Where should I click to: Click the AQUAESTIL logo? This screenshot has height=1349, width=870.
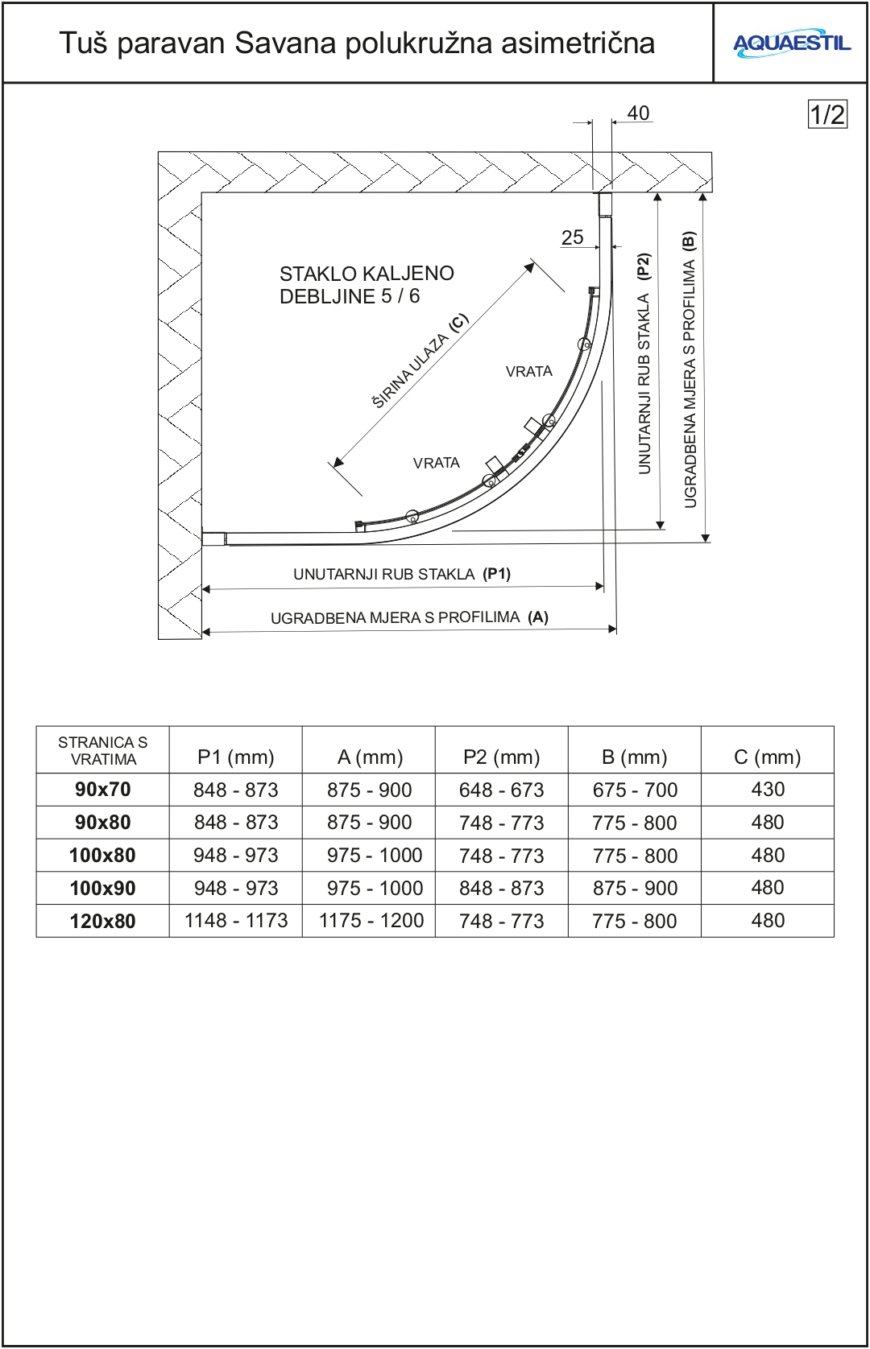coord(791,43)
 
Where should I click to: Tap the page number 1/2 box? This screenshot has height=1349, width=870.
coord(827,114)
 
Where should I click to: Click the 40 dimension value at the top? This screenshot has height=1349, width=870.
coord(638,113)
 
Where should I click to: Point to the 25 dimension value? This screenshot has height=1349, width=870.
coord(572,237)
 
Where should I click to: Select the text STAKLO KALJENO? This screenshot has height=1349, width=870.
coord(367,274)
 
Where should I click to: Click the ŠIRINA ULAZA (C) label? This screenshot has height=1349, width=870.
coord(420,361)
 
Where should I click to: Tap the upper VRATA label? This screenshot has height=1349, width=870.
coord(528,371)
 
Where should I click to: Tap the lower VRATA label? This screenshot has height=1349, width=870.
coord(436,463)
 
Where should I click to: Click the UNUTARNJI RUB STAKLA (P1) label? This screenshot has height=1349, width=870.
coord(401,574)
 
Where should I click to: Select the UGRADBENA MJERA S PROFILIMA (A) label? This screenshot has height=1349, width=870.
coord(409,617)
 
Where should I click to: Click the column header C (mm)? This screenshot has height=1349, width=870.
coord(767,757)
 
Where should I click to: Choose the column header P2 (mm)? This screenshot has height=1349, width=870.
coord(501,757)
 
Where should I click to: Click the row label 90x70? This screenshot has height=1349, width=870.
coord(102,790)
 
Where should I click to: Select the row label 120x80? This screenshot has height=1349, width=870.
coord(102,921)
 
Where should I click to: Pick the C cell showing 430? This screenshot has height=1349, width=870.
coord(767,790)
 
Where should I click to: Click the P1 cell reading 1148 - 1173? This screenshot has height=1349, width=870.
coord(236,921)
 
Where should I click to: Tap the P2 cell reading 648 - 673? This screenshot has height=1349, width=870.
coord(501,790)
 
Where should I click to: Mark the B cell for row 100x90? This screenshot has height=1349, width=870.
coord(634,888)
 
